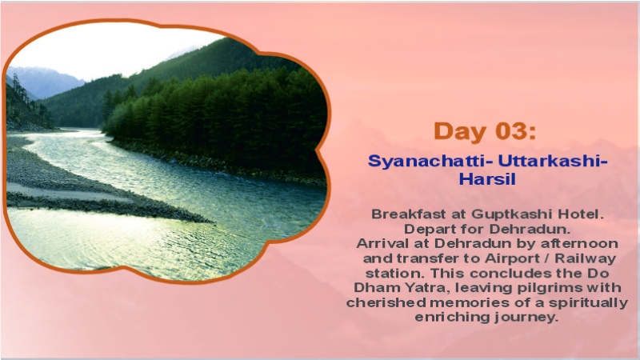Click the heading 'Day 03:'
click(x=486, y=130)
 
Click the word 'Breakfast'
click(x=405, y=214)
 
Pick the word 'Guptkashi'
click(x=513, y=214)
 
